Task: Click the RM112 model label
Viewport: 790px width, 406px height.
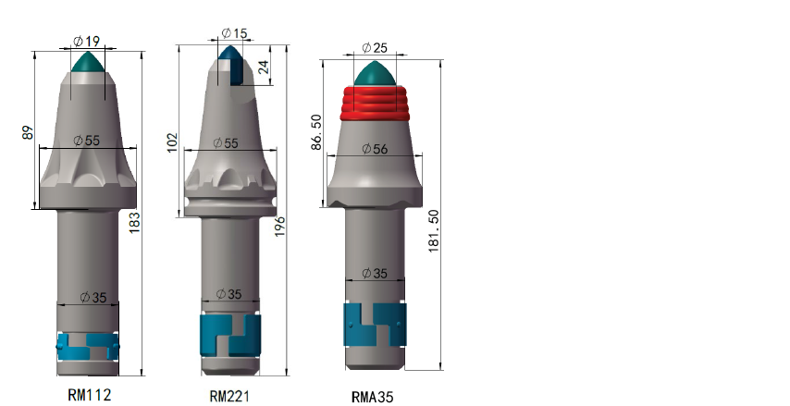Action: (x=90, y=394)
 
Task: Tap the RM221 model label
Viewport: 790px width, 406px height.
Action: (x=229, y=396)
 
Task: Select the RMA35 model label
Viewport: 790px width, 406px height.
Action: (x=372, y=397)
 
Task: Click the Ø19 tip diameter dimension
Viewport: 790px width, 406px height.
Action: (x=87, y=42)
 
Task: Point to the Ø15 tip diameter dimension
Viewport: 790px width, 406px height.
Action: (x=234, y=33)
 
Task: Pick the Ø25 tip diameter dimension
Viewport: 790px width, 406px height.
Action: (x=375, y=47)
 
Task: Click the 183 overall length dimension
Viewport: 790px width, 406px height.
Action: (x=134, y=223)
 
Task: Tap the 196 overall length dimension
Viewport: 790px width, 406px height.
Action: (x=279, y=227)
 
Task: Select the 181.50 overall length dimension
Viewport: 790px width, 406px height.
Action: (x=433, y=231)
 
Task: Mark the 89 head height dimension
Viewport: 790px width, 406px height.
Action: (x=28, y=132)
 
